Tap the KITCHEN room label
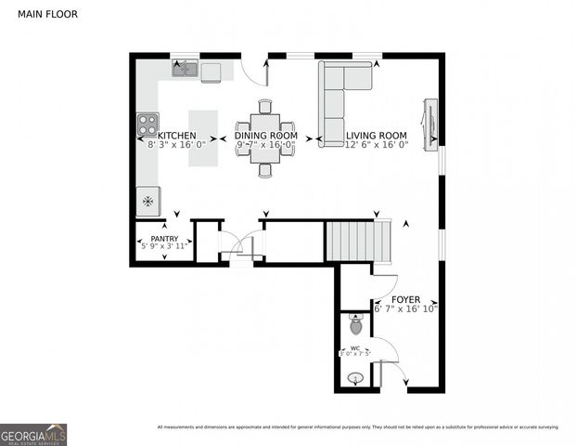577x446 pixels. (x=176, y=136)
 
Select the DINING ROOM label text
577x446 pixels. (x=264, y=136)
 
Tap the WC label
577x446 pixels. (x=355, y=347)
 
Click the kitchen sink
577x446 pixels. (x=185, y=69)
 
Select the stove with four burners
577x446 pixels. (x=147, y=124)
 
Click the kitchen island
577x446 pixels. (x=203, y=139)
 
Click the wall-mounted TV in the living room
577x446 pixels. (x=430, y=123)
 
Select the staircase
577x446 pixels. (x=352, y=241)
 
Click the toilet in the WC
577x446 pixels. (x=355, y=325)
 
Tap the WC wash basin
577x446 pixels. (x=353, y=378)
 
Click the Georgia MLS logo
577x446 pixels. (x=33, y=434)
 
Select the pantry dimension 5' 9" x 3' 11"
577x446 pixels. (x=164, y=247)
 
